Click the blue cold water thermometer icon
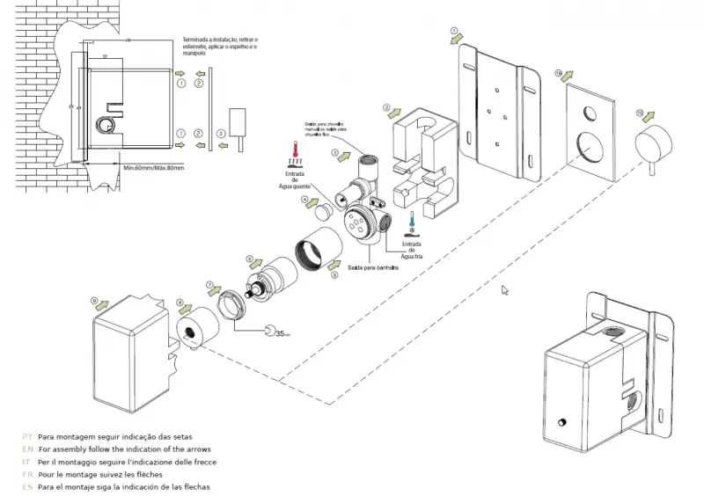point(412,225)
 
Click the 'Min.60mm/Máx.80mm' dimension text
point(154,167)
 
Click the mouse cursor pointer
point(504,289)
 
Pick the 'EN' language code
point(26,449)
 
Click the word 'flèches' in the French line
point(145,474)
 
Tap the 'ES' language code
point(26,486)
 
